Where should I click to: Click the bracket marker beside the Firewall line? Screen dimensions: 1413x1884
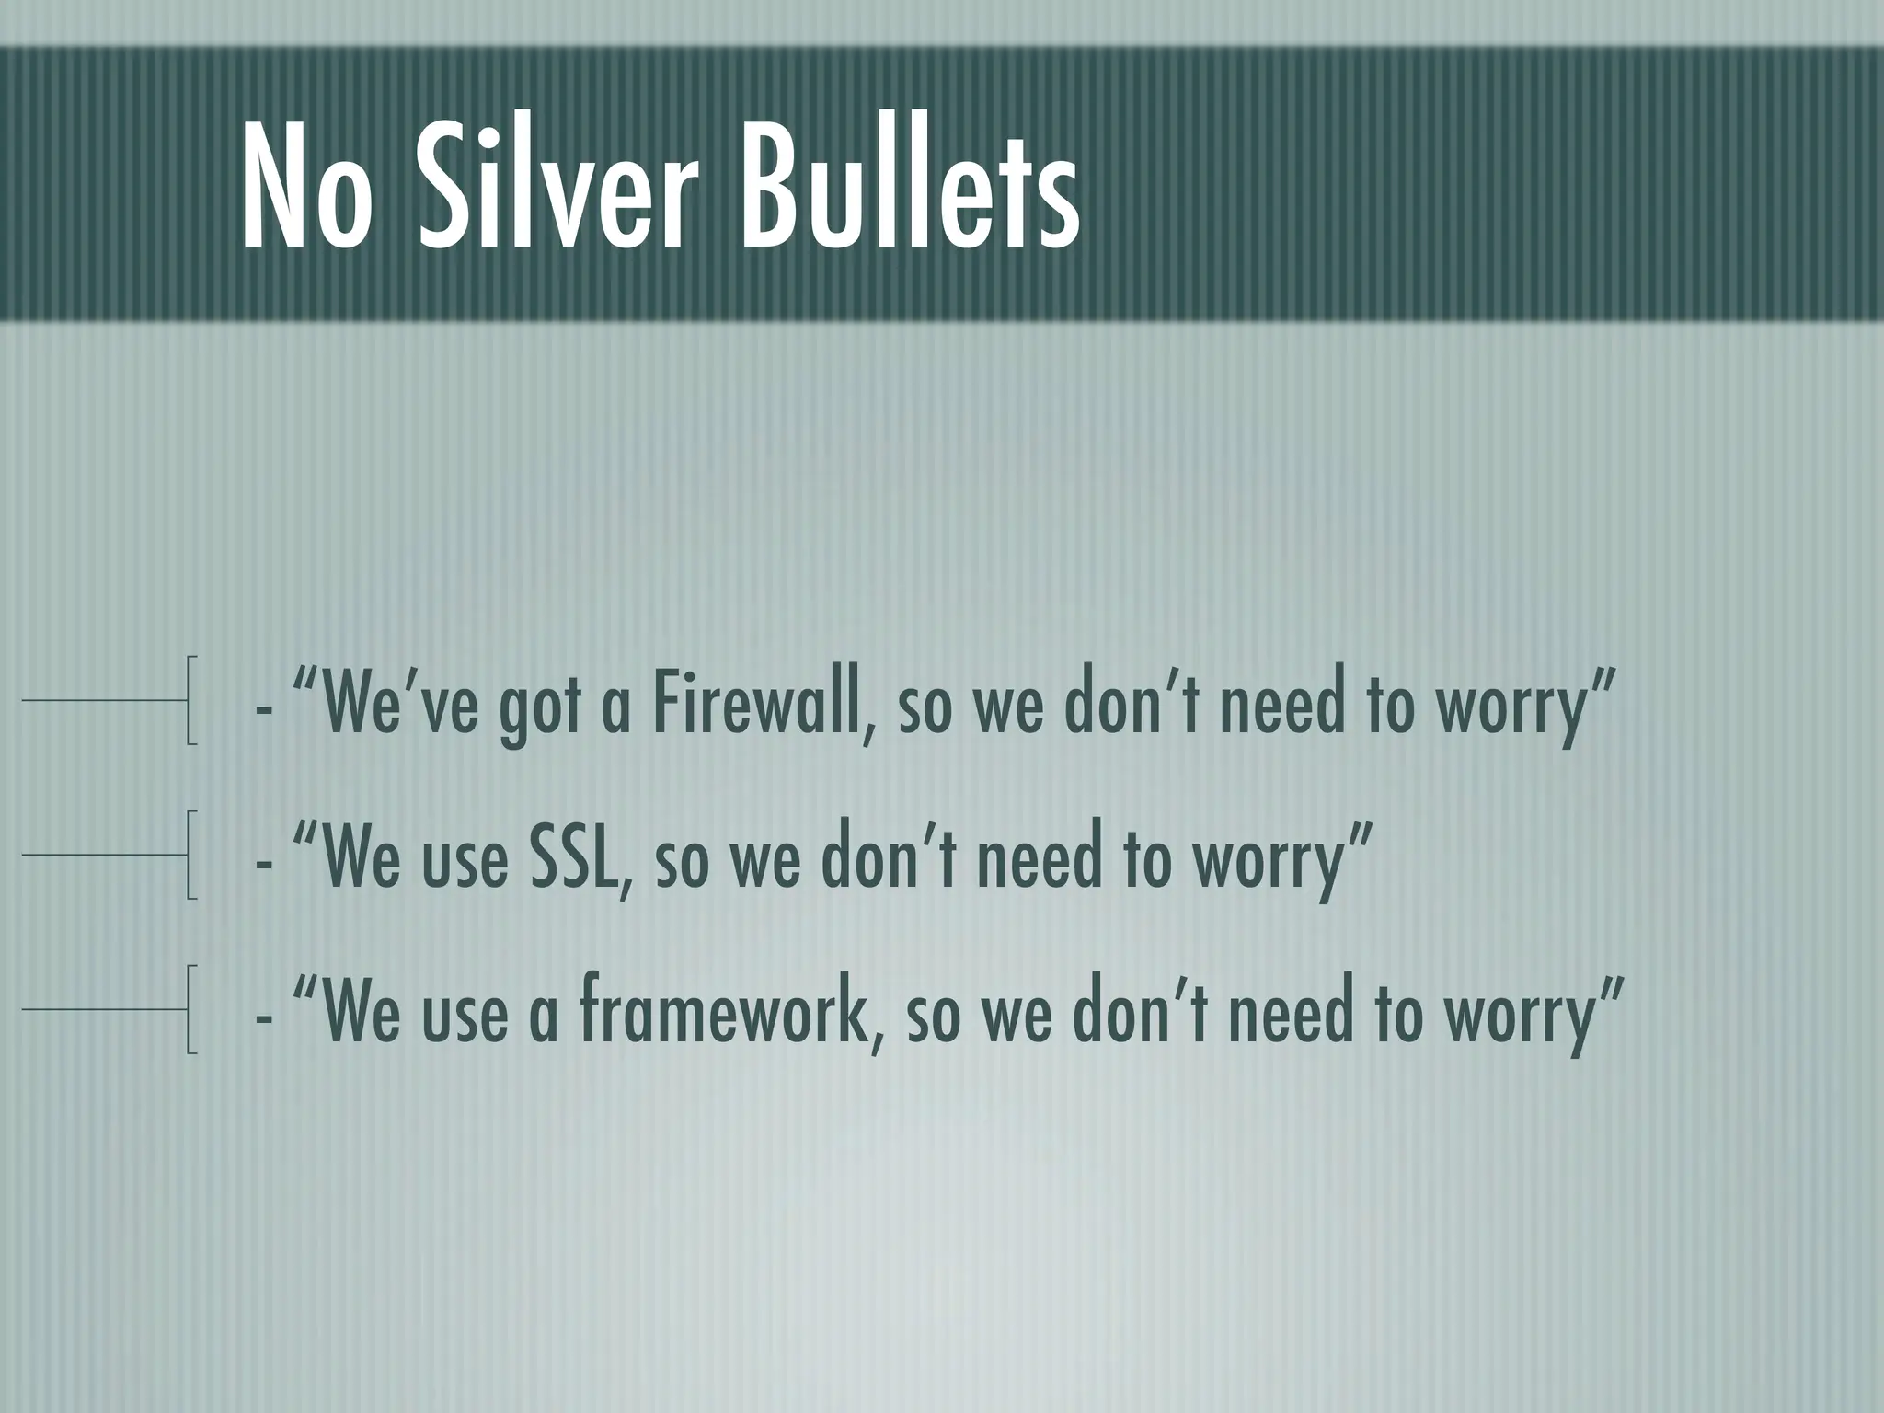[x=190, y=700]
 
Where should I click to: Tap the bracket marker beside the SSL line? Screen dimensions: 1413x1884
[x=190, y=855]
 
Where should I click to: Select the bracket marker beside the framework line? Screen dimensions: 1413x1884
[x=190, y=1009]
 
